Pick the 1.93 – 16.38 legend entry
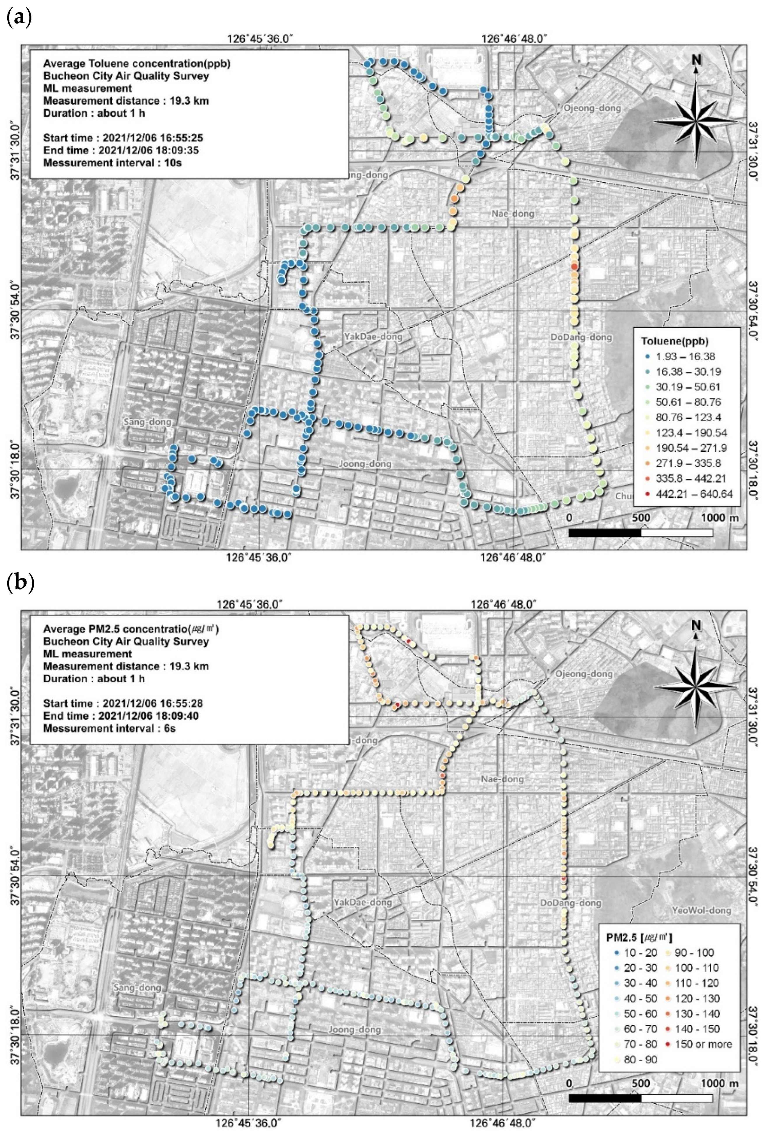tap(685, 357)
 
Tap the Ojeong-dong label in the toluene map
tap(592, 108)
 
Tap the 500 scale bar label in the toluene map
tap(640, 518)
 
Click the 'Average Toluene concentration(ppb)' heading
tap(136, 64)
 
